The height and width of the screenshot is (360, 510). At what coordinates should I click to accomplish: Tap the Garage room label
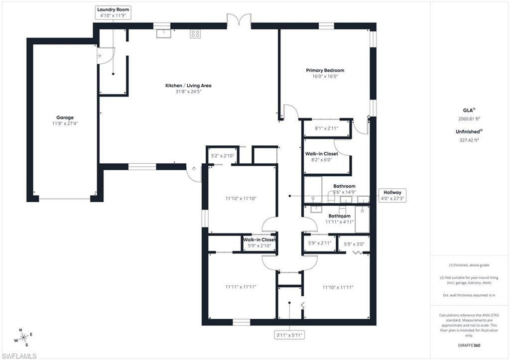point(65,120)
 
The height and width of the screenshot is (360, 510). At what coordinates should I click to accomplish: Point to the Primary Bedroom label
point(325,73)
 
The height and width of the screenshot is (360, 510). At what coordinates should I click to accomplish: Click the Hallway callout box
point(392,195)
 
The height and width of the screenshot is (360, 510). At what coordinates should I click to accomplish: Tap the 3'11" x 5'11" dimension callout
point(289,336)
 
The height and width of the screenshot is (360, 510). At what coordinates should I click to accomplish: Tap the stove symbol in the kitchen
point(195,33)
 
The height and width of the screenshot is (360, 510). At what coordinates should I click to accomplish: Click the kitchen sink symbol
point(163,33)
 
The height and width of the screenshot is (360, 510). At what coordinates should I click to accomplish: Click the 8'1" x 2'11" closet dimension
point(327,128)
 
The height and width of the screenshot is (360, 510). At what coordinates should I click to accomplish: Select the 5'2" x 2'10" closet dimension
point(222,156)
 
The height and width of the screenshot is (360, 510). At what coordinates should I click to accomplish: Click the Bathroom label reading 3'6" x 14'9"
point(344,189)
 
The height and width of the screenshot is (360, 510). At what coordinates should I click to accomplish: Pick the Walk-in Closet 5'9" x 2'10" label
point(259,242)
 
